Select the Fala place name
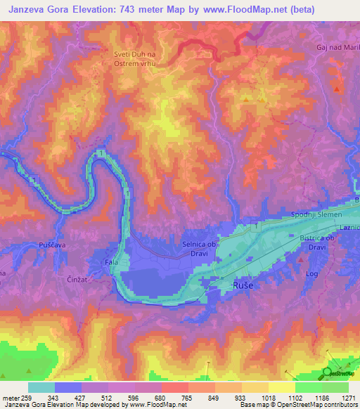pyautogui.click(x=111, y=262)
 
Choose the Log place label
pyautogui.click(x=312, y=274)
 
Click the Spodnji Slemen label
pyautogui.click(x=316, y=214)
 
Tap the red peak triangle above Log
pyautogui.click(x=301, y=259)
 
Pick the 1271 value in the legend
pyautogui.click(x=347, y=398)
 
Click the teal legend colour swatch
pyautogui.click(x=41, y=387)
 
